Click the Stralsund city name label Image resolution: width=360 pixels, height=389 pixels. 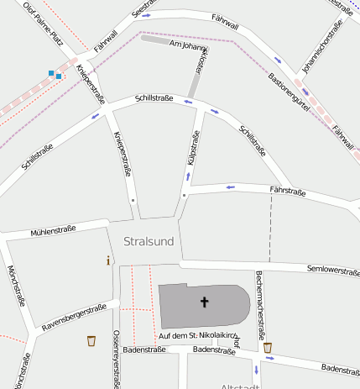click(149, 242)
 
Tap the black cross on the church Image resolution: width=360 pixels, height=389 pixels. click(204, 301)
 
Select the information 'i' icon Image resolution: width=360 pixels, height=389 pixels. click(108, 260)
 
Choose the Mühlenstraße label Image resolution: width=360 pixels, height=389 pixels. click(53, 229)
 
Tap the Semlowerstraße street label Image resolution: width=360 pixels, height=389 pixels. click(334, 271)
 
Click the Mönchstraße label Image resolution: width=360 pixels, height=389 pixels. click(18, 286)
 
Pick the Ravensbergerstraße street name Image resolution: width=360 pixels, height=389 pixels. click(74, 317)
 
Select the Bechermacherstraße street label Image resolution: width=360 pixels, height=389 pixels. click(260, 297)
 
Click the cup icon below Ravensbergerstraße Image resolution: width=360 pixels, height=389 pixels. click(91, 340)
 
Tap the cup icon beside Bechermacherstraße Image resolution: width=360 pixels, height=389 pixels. click(268, 347)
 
